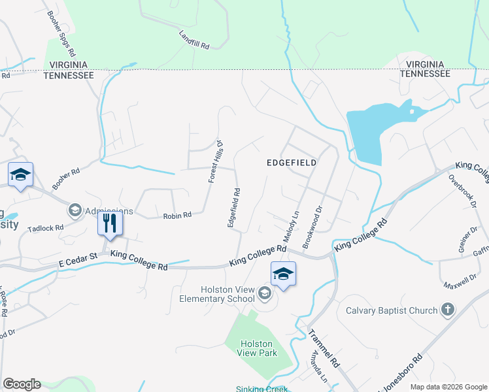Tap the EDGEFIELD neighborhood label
coord(292,162)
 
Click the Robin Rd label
coord(177,215)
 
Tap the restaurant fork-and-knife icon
coord(110,224)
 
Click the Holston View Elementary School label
coord(218,294)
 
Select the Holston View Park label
coord(259,348)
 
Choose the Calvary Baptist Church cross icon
coord(448,309)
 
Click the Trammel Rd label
coord(325,348)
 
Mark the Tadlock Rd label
coord(50,228)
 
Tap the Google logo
coord(22,384)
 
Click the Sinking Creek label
coord(261,389)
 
